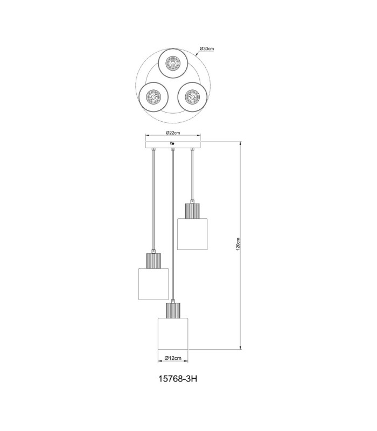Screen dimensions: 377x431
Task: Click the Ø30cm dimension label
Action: tap(207, 48)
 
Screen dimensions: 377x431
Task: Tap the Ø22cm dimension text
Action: tap(173, 133)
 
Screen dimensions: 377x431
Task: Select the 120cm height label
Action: tap(238, 244)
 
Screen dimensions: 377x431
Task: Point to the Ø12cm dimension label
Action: tap(173, 358)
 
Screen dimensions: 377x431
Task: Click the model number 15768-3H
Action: tap(178, 379)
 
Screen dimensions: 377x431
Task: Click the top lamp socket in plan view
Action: tap(172, 63)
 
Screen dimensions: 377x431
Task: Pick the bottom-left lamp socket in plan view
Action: tap(153, 98)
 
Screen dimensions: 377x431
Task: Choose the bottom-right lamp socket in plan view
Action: tap(192, 97)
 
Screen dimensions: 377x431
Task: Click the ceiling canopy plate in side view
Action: tap(173, 144)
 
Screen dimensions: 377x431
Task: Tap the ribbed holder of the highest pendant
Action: tap(192, 211)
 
